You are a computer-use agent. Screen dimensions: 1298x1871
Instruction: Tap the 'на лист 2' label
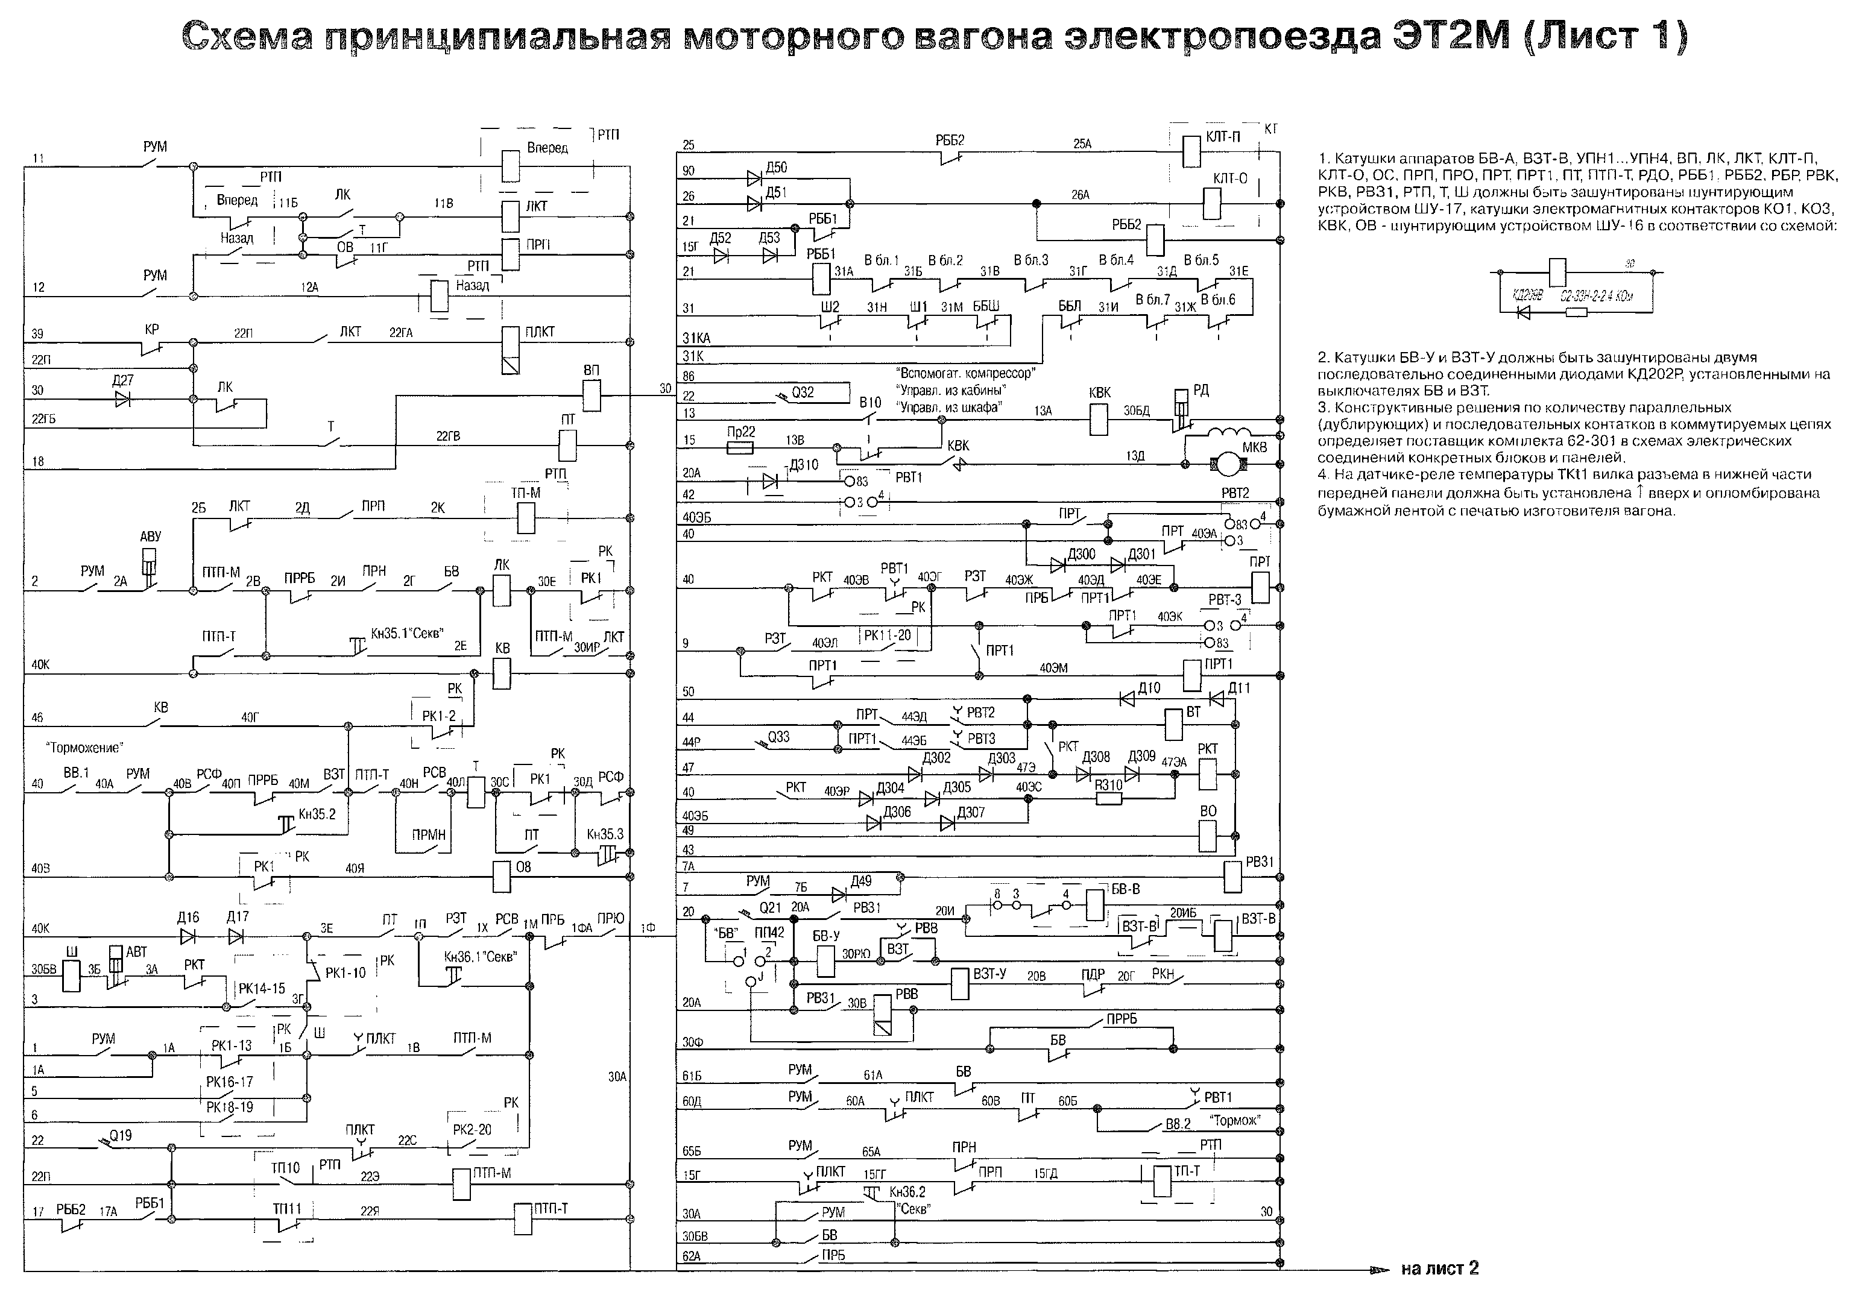1439,1268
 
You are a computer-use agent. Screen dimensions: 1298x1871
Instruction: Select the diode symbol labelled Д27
123,399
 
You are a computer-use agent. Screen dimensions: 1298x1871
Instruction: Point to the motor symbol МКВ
1223,464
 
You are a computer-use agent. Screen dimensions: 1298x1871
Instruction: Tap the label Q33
778,737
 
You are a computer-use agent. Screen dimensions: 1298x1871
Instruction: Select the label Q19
121,1135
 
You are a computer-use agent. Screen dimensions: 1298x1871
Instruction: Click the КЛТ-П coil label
1223,137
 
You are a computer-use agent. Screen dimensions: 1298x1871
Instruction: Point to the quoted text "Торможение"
84,748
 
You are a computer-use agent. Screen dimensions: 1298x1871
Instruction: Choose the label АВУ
151,537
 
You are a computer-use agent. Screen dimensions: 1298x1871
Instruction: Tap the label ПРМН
429,834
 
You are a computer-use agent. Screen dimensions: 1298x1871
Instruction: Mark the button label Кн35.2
317,814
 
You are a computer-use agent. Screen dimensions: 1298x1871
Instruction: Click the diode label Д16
188,918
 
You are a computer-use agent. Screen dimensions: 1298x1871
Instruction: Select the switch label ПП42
769,932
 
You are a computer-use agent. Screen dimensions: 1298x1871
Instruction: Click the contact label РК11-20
888,635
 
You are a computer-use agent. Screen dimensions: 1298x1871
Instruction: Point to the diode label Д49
860,881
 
